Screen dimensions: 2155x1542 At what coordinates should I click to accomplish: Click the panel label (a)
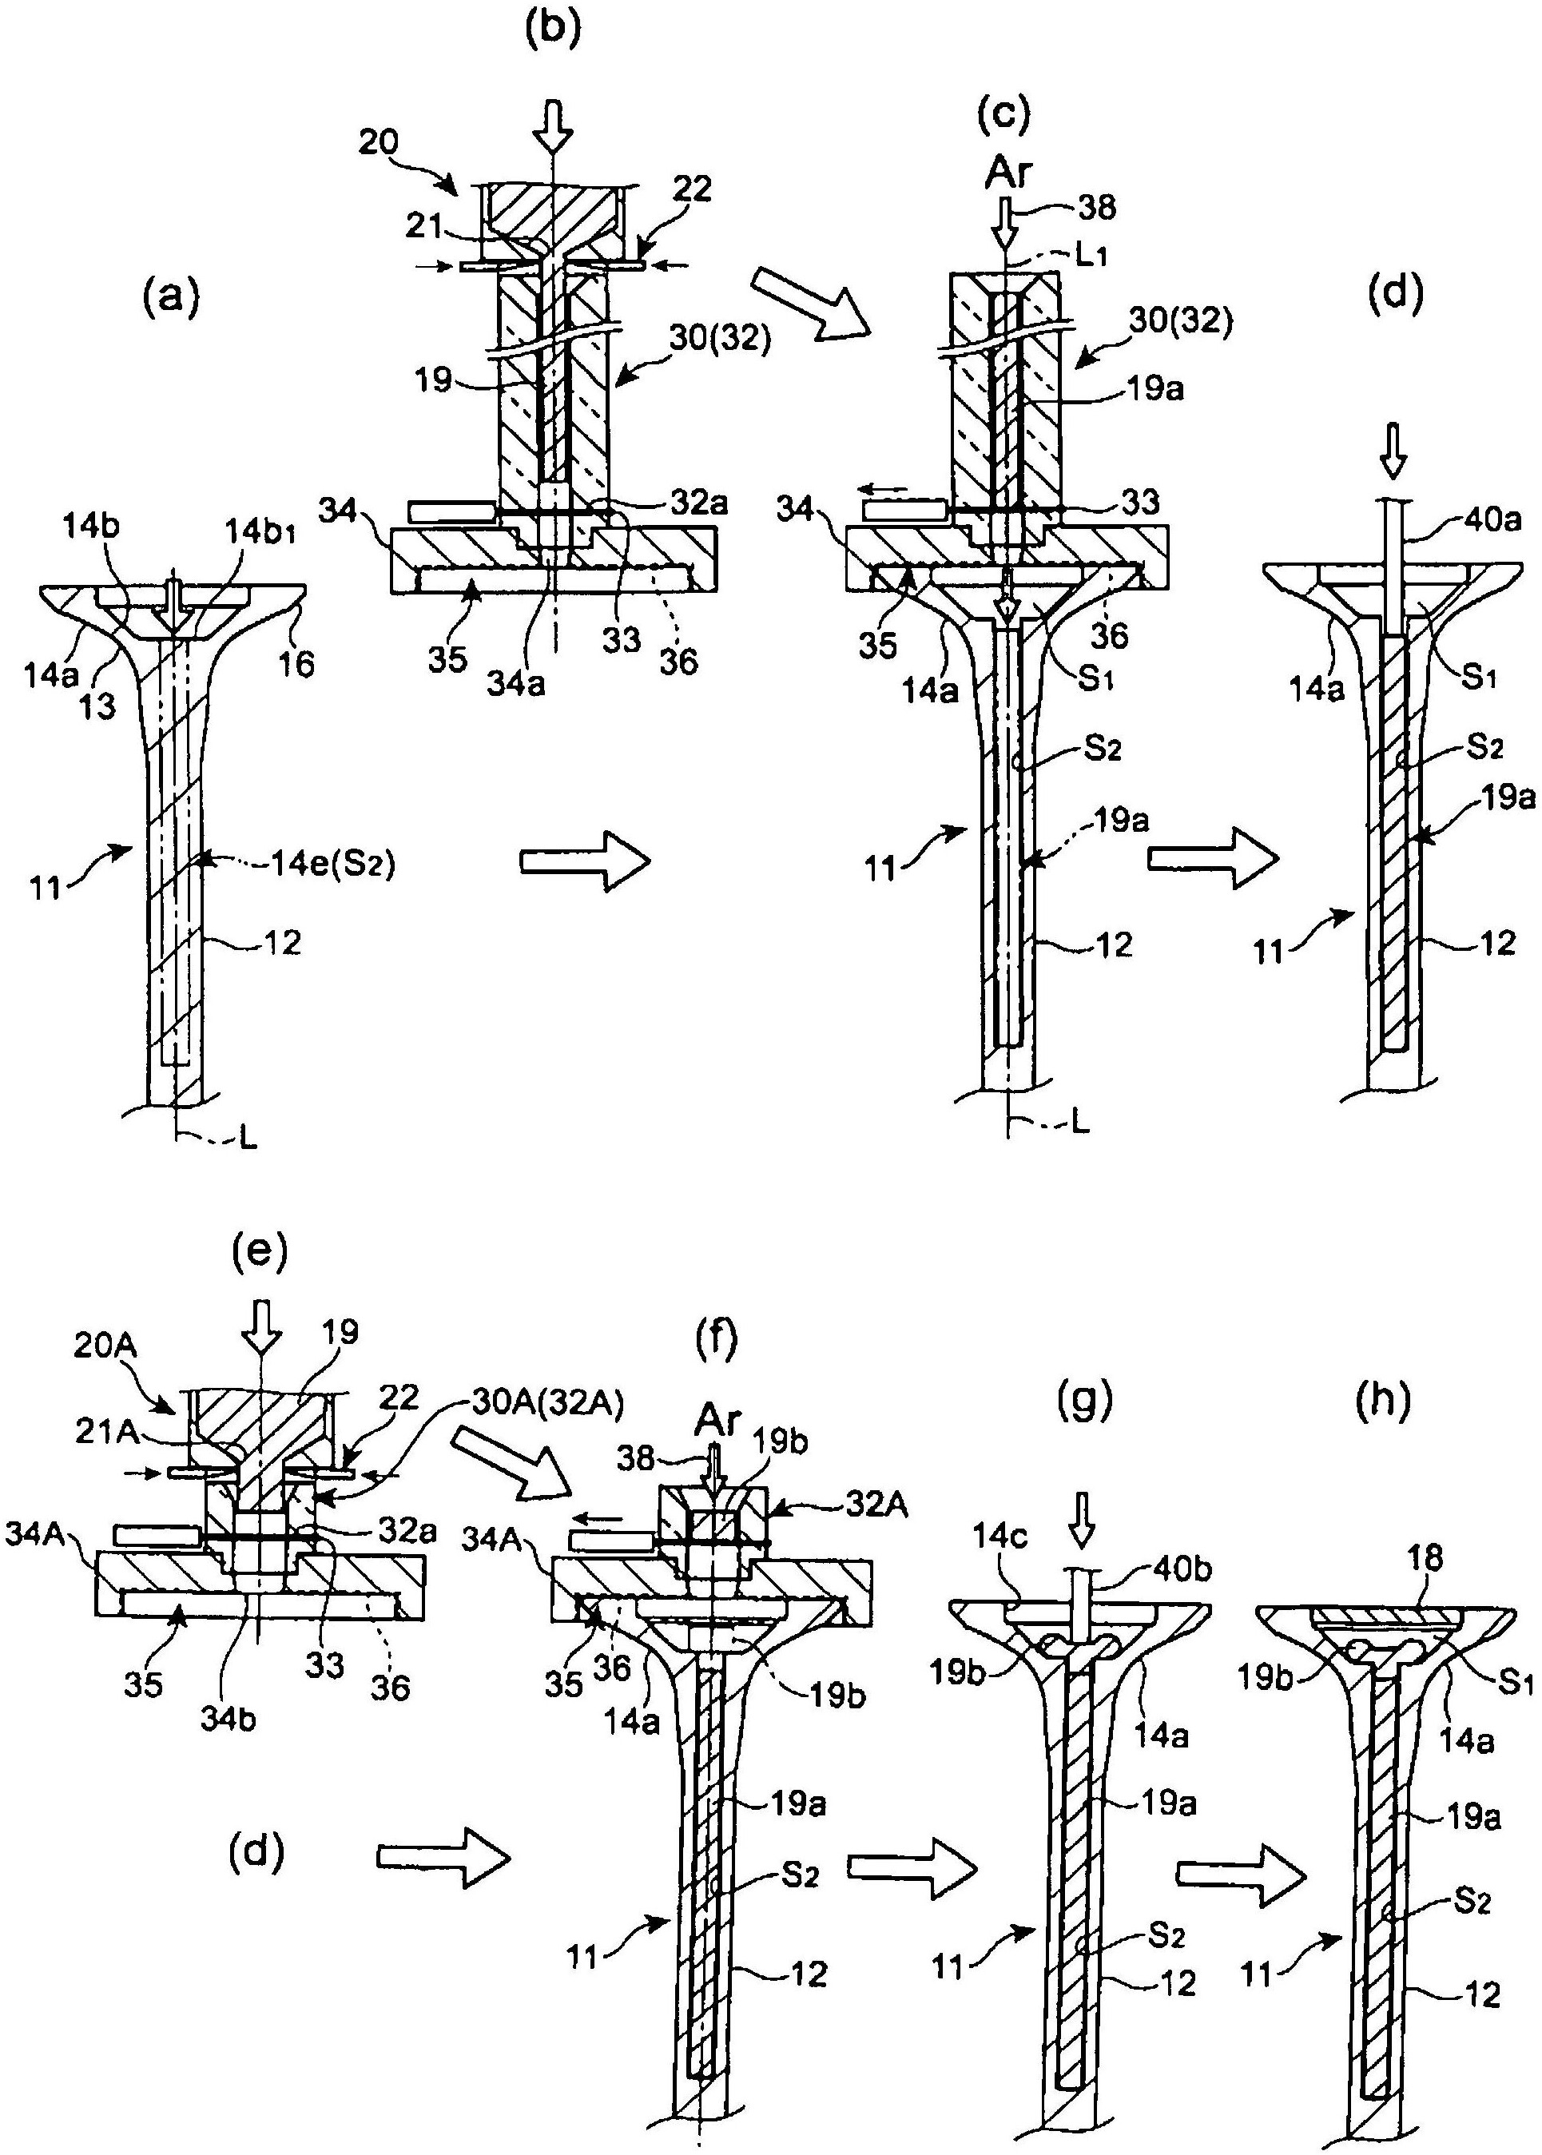(172, 299)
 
